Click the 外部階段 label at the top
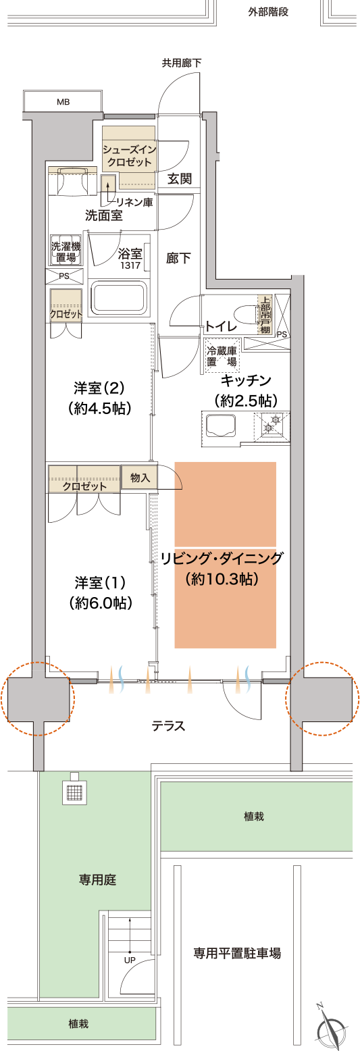pyautogui.click(x=268, y=12)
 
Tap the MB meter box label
pyautogui.click(x=63, y=102)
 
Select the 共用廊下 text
pyautogui.click(x=182, y=63)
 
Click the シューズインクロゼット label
pyautogui.click(x=129, y=156)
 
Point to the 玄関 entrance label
pyautogui.click(x=180, y=179)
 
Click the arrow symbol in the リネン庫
pyautogui.click(x=109, y=187)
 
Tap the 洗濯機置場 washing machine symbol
pyautogui.click(x=66, y=251)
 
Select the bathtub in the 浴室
pyautogui.click(x=120, y=297)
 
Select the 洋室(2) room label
pyautogui.click(x=99, y=388)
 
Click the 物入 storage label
pyautogui.click(x=140, y=477)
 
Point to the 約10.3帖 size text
pyautogui.click(x=222, y=578)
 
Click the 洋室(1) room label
pyautogui.click(x=100, y=583)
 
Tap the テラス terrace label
pyautogui.click(x=168, y=726)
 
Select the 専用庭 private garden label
pyautogui.click(x=97, y=879)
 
